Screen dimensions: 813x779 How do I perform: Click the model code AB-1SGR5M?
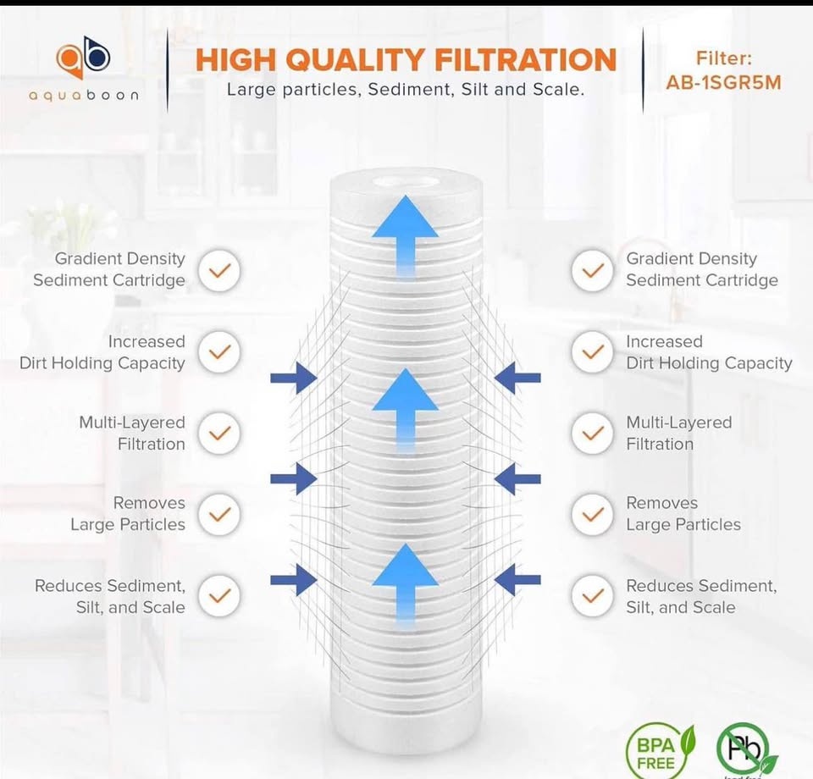(x=723, y=83)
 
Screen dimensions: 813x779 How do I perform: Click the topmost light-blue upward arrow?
(x=406, y=237)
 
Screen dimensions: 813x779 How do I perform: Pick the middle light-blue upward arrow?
(x=406, y=411)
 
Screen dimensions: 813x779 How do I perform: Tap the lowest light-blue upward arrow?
(x=406, y=586)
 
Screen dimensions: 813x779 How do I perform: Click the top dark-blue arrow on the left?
(x=294, y=378)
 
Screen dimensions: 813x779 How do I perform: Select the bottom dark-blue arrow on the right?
(x=517, y=580)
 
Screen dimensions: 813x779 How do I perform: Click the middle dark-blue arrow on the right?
(x=517, y=479)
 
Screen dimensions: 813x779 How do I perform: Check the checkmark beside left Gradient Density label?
(x=219, y=270)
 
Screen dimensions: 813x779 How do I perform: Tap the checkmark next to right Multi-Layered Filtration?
(x=593, y=434)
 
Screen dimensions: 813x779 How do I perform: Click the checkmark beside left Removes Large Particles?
(x=219, y=514)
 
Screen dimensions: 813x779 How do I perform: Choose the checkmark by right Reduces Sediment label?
(x=593, y=596)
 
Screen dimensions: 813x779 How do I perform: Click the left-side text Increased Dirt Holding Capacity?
(x=102, y=352)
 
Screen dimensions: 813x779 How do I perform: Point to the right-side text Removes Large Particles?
(x=683, y=514)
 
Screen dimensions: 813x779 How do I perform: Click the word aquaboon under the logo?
(x=84, y=96)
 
